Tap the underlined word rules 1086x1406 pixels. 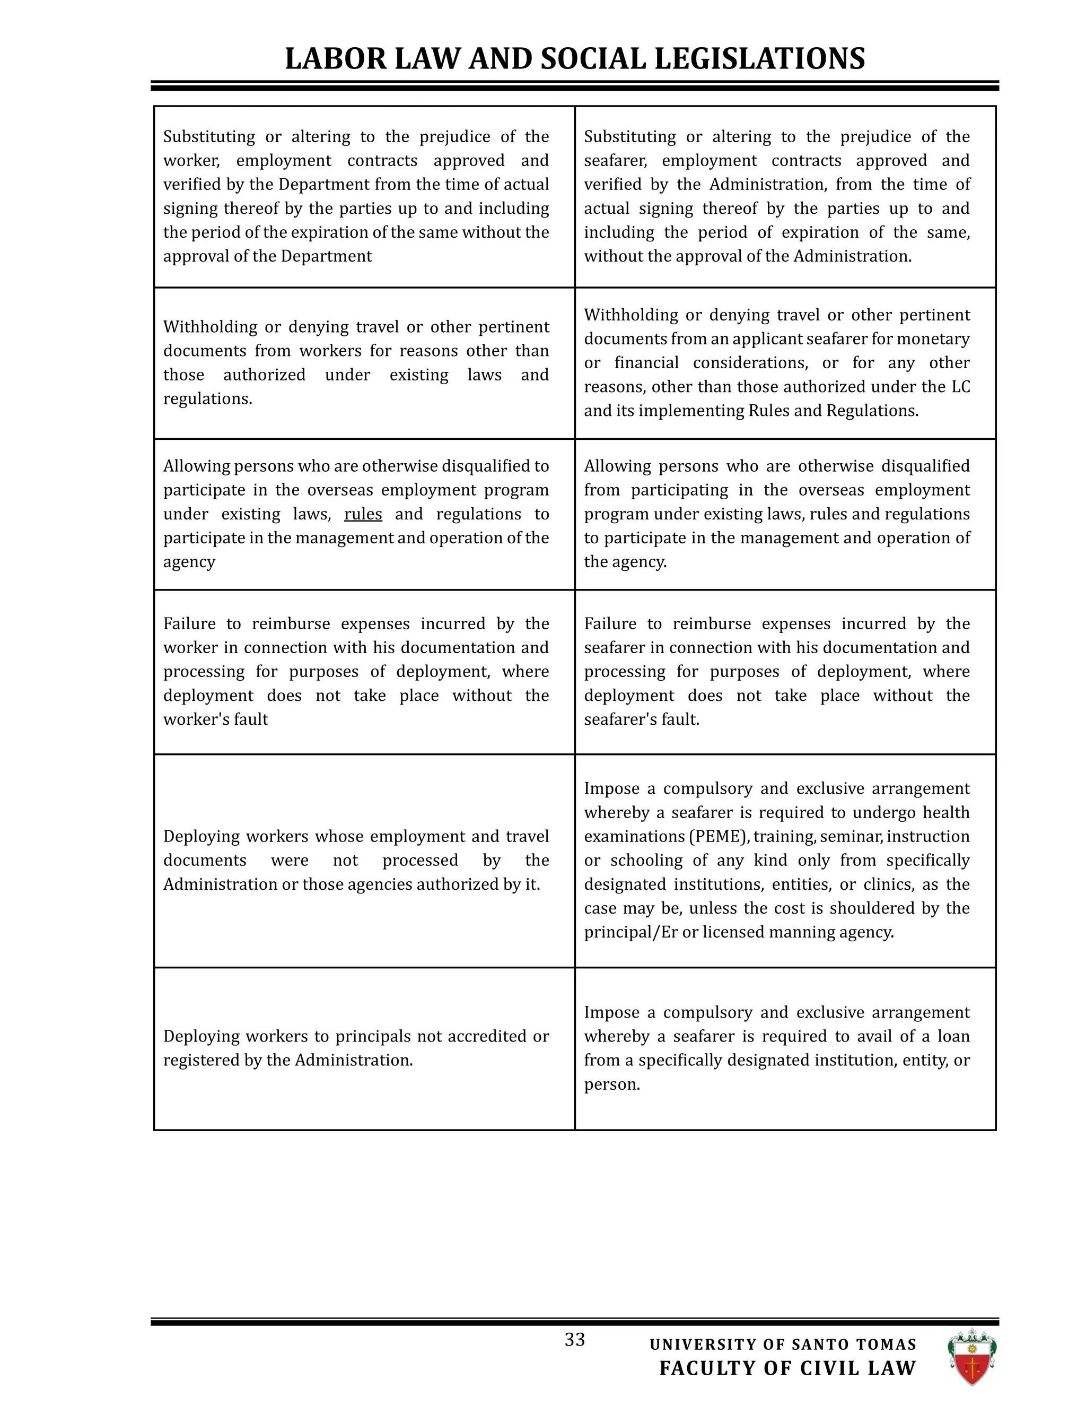[x=363, y=514]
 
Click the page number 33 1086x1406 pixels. [x=574, y=1339]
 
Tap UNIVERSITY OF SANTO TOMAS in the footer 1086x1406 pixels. [x=783, y=1344]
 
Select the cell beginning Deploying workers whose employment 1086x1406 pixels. [x=356, y=861]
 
